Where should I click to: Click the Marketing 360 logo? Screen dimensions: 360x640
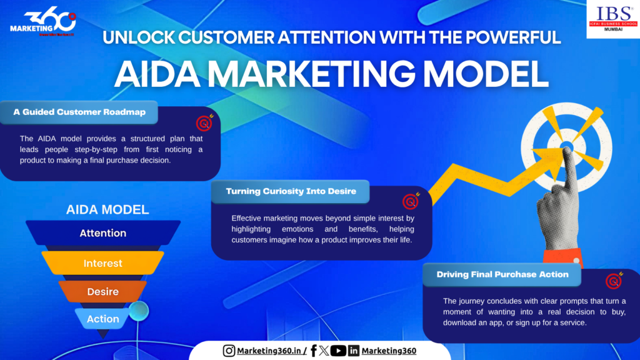coord(42,24)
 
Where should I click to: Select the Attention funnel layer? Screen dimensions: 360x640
coord(103,233)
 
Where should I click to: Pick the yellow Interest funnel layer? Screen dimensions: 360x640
coord(103,263)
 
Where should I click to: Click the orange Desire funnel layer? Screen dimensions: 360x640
coord(103,291)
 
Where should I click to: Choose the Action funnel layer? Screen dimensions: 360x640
coord(103,319)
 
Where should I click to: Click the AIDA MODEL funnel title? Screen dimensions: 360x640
coord(107,210)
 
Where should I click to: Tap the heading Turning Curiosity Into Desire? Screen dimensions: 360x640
coord(291,191)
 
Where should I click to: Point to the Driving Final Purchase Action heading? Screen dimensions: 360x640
coord(502,274)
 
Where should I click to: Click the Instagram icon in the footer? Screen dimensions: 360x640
coord(229,351)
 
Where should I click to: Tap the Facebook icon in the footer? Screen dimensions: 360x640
coord(313,351)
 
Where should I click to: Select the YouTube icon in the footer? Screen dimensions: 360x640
coord(338,351)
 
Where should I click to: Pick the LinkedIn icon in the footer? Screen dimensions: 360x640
coord(354,351)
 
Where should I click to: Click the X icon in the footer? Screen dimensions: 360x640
coord(324,351)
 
